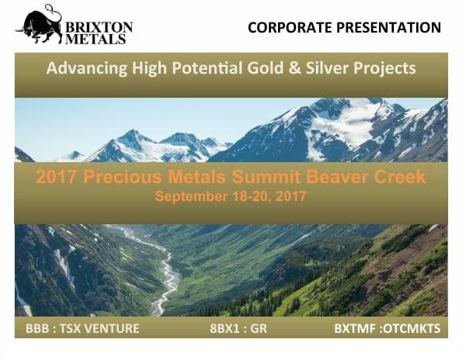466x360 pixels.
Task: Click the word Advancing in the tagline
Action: click(82, 68)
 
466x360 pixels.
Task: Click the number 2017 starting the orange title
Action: click(56, 177)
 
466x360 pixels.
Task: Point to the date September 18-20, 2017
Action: click(231, 196)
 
